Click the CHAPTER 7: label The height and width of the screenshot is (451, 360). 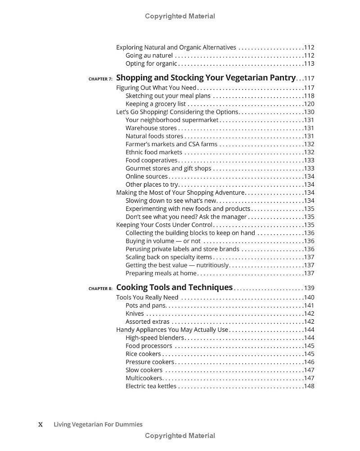tap(100, 79)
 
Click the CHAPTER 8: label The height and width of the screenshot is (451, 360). tap(100, 289)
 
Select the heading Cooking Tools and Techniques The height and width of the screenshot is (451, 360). tap(174, 287)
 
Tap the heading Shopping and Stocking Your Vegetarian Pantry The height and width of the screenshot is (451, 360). tap(206, 78)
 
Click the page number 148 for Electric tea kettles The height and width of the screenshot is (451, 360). tap(309, 386)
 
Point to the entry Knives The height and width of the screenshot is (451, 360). tap(135, 313)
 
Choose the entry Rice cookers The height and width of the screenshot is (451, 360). tap(143, 354)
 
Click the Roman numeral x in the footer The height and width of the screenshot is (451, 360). tap(40, 424)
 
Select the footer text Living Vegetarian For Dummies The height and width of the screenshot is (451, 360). tap(98, 424)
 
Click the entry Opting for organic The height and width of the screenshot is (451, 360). tap(151, 63)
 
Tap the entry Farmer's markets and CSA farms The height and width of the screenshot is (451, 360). tap(171, 144)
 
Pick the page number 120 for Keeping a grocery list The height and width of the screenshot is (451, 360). tap(309, 104)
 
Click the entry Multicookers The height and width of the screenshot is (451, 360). tap(144, 378)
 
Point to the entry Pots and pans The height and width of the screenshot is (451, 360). tap(146, 305)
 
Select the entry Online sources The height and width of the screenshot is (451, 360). tap(146, 177)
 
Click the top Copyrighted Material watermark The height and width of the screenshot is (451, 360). tap(180, 16)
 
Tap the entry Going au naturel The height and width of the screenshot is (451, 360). tap(149, 55)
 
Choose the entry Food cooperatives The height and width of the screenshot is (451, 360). tap(151, 161)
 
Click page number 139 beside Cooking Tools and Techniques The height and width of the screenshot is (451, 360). tap(309, 288)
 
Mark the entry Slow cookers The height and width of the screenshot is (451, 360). tap(144, 370)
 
